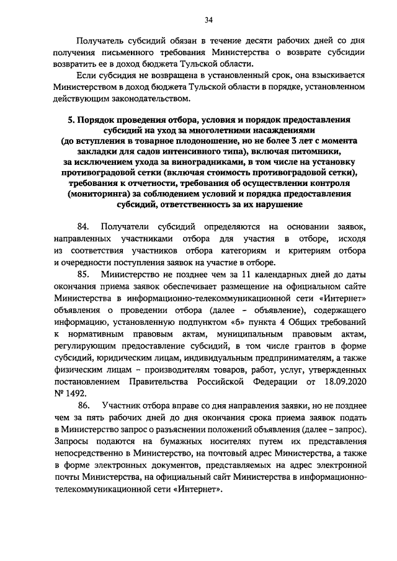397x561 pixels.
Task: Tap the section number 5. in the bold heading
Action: (71, 120)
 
